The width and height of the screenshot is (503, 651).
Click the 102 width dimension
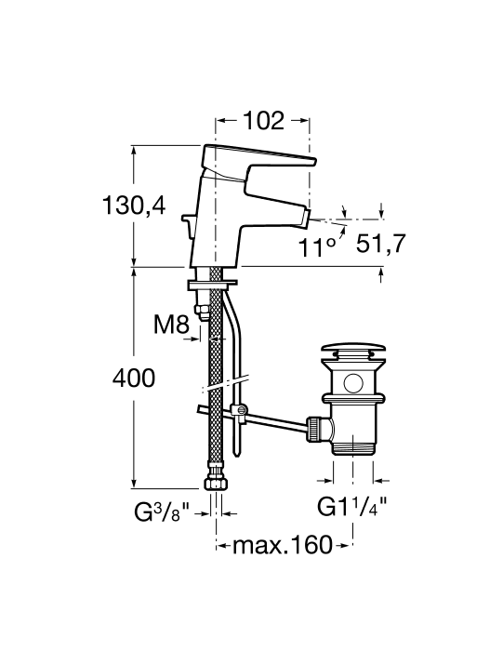(263, 120)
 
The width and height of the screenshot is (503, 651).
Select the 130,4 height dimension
(134, 206)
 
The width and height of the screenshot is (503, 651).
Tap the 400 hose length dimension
(134, 379)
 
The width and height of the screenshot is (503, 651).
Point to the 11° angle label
(317, 248)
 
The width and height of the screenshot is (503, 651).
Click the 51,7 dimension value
(380, 244)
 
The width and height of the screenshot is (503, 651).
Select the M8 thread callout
(171, 325)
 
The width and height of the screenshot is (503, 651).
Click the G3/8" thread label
(162, 512)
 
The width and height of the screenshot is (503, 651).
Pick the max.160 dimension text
(283, 545)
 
